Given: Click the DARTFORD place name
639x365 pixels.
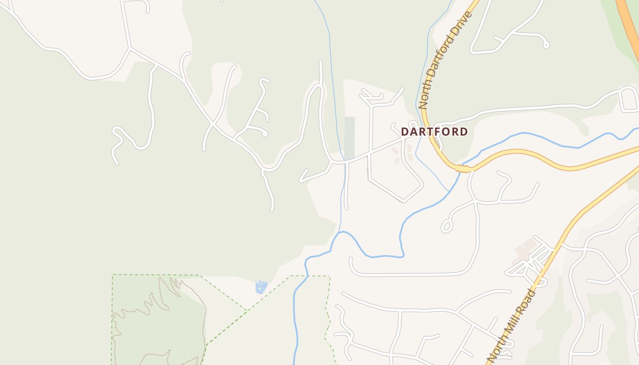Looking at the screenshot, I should [434, 132].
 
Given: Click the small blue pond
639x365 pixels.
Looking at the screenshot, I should [261, 287].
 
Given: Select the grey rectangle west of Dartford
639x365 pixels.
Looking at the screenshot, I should [350, 138].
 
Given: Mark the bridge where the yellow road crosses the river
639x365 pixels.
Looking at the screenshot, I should [463, 169].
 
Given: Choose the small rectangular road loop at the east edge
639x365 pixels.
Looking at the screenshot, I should [629, 99].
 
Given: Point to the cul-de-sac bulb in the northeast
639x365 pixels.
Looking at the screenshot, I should [545, 45].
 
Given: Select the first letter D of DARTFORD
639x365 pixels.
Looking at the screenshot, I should [404, 132].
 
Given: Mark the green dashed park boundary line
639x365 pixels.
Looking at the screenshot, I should [155, 275].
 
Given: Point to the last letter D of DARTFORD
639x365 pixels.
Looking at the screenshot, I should [464, 132].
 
